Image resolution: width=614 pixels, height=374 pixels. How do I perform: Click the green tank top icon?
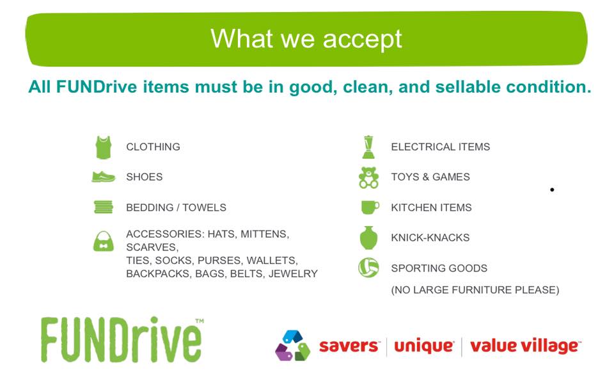104,147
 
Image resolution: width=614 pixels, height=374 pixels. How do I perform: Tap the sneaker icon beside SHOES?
104,177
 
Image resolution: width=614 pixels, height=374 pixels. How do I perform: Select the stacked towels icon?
104,207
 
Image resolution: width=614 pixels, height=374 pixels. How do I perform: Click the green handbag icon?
104,241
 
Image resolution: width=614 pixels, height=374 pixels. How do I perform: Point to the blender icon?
368,147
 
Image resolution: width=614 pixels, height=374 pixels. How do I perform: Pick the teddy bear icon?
368,177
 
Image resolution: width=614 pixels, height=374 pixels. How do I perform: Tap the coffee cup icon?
370,207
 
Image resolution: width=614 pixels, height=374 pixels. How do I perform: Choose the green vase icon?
368,238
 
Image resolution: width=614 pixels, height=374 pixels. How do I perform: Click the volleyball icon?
368,268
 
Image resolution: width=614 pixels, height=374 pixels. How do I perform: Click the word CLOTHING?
153,147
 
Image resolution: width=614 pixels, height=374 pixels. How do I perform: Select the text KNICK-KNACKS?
430,238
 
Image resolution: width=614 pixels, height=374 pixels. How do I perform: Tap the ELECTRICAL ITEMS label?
441,147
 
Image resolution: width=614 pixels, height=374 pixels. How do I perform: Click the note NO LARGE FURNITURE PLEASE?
475,289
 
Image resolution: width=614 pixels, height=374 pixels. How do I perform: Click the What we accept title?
306,39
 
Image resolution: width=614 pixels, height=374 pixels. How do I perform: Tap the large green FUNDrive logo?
122,339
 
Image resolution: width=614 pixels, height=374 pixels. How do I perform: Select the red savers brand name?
349,346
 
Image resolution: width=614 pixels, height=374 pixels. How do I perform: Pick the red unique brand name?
423,346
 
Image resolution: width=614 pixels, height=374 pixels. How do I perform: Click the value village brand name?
525,346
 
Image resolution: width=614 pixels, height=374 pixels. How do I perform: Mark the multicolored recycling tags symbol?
292,345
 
